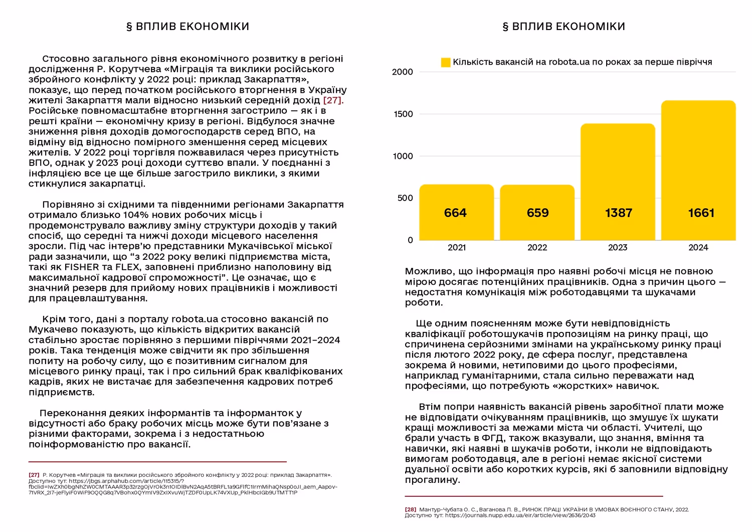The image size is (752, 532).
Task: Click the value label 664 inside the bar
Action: tap(455, 213)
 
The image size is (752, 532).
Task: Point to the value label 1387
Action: tap(619, 213)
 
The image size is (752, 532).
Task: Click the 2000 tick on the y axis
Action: tap(403, 72)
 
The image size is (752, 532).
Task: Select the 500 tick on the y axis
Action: tap(405, 198)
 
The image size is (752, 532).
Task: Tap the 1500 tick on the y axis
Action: tap(403, 114)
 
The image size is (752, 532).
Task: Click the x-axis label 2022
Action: tap(537, 248)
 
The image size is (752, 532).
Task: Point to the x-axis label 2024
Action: tap(698, 248)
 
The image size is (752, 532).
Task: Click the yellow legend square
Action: tap(446, 63)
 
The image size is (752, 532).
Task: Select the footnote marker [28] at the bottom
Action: tap(411, 509)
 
